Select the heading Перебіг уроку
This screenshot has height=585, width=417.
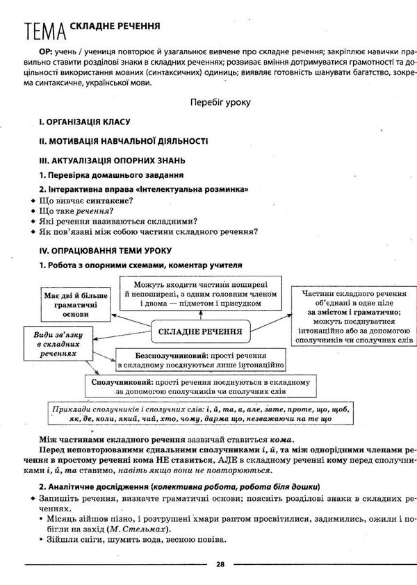[x=220, y=102]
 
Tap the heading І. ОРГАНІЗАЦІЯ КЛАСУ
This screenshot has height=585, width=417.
[x=85, y=122]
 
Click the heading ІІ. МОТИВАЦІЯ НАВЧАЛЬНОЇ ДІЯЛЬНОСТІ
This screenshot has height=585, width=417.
[x=123, y=140]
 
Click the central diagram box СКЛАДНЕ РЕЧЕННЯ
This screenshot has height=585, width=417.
[x=200, y=331]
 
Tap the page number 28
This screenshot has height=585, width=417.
[x=220, y=564]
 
